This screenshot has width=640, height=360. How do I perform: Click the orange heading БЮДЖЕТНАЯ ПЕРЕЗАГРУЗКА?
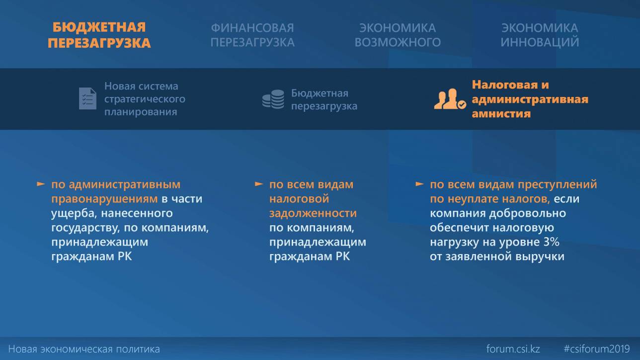coord(99,35)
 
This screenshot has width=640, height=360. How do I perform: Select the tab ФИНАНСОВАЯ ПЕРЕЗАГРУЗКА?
coord(252,35)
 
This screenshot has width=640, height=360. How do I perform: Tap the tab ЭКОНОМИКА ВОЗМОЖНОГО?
coord(398,35)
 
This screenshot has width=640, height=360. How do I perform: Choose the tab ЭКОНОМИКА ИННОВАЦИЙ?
coord(540,35)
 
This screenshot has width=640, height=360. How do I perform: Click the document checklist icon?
coord(87,98)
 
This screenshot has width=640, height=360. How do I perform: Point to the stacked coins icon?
coord(273,99)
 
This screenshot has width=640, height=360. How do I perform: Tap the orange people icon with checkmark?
coord(450,99)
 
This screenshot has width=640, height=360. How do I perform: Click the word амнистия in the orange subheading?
coord(501,114)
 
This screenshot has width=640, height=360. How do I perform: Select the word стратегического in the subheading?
coord(145,99)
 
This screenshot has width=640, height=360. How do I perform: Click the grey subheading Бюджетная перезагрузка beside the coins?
coord(324,99)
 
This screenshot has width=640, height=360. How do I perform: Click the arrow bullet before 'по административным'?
coord(41,184)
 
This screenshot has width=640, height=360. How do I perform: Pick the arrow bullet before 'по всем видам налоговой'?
coord(259,184)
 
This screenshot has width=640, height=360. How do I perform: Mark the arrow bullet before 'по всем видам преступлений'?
coord(419,184)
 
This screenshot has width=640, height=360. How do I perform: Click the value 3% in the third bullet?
coord(551,242)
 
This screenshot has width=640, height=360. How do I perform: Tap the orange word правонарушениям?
coord(104,199)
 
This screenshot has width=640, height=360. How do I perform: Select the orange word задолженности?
coord(313,213)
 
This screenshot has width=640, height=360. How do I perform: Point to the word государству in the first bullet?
coord(85,228)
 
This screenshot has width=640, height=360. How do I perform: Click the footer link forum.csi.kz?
coord(513,349)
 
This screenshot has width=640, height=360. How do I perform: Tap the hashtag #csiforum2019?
coord(597,349)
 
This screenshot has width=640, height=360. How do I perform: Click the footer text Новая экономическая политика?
coord(84,349)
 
